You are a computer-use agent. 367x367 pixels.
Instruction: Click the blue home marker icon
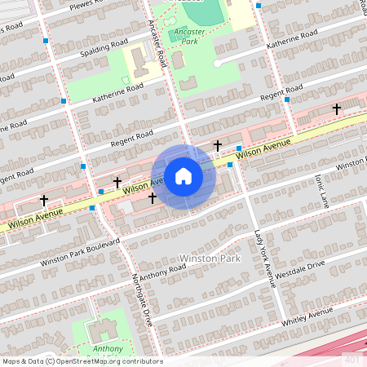(x=183, y=175)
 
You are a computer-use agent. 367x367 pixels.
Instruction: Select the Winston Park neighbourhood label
(x=210, y=259)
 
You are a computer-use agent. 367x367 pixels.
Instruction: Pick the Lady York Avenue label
(x=262, y=257)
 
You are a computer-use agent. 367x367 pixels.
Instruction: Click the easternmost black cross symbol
(x=336, y=108)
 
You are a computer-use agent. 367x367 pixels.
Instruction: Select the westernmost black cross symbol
(x=43, y=200)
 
